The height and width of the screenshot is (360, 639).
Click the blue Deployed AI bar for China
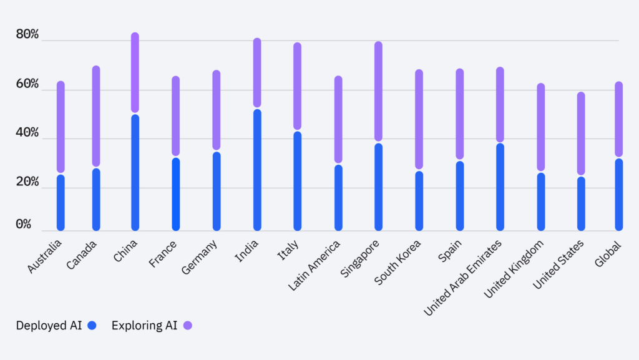135,173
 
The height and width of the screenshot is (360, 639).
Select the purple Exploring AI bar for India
257,72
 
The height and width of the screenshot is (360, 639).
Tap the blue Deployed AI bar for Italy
297,181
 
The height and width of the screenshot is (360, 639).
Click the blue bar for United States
581,204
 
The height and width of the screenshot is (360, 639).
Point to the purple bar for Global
618,119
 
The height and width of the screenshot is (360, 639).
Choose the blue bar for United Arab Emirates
500,187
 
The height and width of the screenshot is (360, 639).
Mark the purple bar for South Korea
419,119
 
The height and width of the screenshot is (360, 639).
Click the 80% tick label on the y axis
27,35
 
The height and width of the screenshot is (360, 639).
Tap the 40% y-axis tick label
27,134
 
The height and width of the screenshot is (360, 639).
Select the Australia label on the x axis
45,256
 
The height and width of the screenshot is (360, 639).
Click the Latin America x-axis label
315,266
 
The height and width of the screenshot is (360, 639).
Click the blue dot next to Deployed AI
93,325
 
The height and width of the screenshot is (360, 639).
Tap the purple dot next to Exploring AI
188,325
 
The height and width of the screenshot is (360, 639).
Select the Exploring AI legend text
144,325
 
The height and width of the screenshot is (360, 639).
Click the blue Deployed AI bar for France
176,194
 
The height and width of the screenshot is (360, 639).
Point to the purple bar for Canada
96,116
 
